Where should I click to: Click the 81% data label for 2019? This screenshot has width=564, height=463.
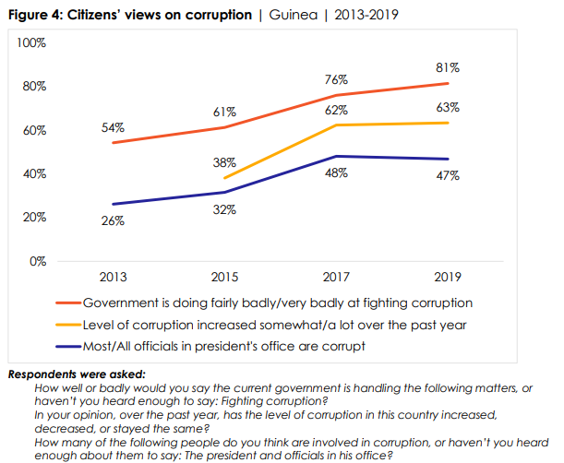point(449,67)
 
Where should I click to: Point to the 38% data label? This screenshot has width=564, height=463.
point(224,162)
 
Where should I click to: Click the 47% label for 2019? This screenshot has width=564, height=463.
point(449,176)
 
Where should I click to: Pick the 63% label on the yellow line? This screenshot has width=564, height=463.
point(449,108)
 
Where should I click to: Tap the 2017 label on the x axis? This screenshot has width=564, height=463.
point(337,277)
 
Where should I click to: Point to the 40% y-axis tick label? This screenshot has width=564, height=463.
point(33,174)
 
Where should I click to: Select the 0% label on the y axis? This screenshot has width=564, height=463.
point(38,261)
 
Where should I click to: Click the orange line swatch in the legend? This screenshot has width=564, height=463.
point(67,303)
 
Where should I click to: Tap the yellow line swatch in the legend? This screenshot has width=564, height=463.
point(67,325)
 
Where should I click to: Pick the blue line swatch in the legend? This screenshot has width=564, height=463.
point(67,347)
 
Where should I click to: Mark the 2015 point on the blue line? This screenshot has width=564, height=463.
point(225,192)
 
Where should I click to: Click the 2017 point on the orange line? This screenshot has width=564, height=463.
point(337,95)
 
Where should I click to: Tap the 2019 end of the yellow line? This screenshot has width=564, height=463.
point(449,123)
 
